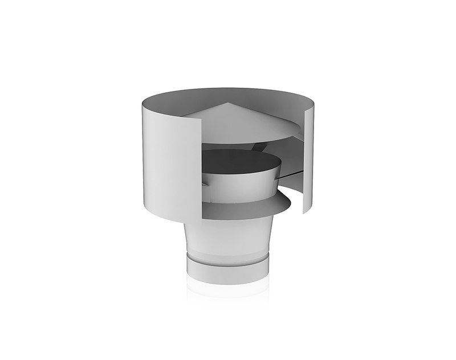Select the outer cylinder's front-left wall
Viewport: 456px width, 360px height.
pyautogui.click(x=165, y=159)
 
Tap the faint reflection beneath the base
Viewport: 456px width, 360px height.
pyautogui.click(x=228, y=291)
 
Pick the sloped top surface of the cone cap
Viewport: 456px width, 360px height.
pyautogui.click(x=239, y=122)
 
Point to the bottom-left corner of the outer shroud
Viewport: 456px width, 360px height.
pyautogui.click(x=144, y=206)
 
